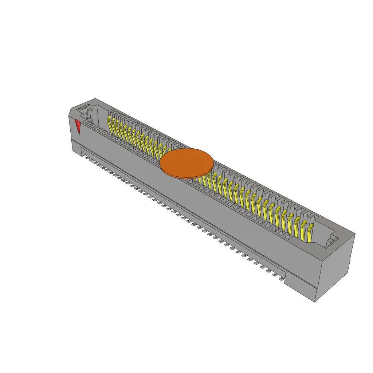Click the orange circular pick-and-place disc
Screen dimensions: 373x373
[x=186, y=162]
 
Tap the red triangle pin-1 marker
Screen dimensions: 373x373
[x=77, y=126]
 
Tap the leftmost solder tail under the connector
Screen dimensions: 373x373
[x=87, y=158]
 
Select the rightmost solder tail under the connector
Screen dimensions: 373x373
[x=281, y=279]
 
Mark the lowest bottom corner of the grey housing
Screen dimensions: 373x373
[x=315, y=302]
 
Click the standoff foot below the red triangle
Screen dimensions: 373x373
[x=77, y=149]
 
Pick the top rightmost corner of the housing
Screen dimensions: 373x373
[x=355, y=234]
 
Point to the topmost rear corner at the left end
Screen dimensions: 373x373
[x=95, y=98]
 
